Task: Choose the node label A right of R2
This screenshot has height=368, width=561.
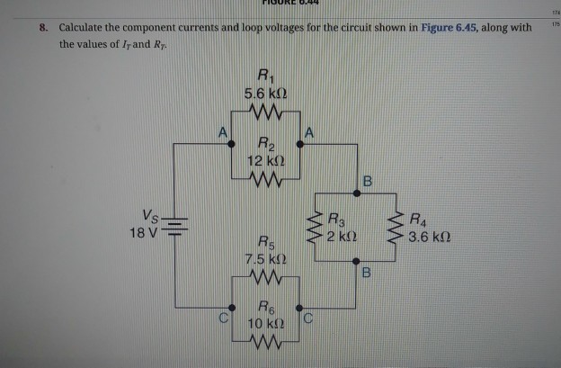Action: point(309,132)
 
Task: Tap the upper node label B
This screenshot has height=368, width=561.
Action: point(366,183)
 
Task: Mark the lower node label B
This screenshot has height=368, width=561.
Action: point(366,271)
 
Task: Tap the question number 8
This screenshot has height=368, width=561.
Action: point(42,27)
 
